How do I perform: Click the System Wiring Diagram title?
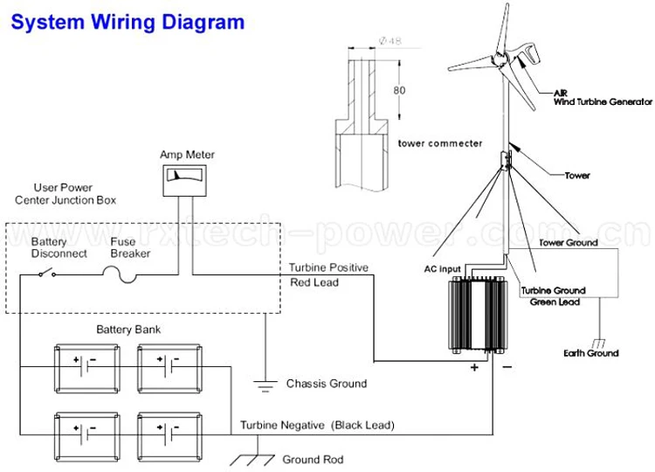tap(128, 22)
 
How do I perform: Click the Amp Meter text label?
tap(187, 155)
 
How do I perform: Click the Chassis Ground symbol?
tap(263, 383)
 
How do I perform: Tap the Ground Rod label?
tap(313, 459)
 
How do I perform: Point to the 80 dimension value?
tap(398, 89)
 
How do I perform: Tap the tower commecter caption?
tap(438, 142)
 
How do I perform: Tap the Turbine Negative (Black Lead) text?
tap(317, 425)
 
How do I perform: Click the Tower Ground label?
tap(568, 242)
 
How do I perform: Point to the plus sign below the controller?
tap(475, 368)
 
